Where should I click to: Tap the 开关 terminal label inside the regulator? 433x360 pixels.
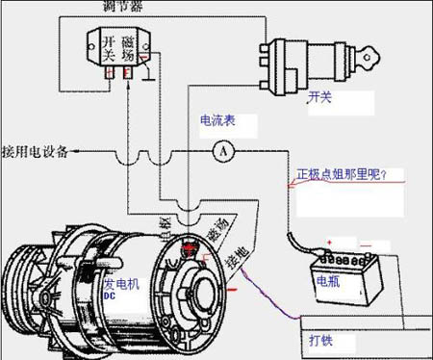(110, 47)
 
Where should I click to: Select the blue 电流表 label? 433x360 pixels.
(217, 122)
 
